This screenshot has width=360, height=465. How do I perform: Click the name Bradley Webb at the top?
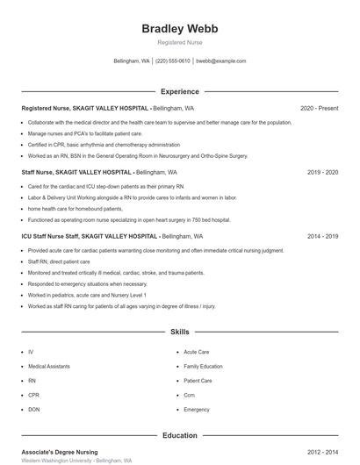point(180,29)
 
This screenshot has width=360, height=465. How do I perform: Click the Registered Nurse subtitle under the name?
point(180,43)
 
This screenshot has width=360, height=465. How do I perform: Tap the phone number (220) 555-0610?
point(173,61)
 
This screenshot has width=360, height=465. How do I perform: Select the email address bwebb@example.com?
point(220,61)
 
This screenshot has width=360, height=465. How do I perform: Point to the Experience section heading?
point(180,91)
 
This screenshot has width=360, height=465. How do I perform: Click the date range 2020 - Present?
point(319,108)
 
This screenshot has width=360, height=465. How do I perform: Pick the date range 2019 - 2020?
point(322,173)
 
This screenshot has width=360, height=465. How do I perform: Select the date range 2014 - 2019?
point(322,237)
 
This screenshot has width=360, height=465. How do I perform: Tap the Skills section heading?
point(180,333)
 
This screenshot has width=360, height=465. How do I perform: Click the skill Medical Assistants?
point(49,367)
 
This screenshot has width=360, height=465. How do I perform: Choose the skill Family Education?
point(203,367)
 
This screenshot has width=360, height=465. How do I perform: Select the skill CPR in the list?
point(32,396)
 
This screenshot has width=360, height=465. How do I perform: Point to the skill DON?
point(33,410)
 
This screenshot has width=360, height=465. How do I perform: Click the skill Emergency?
point(197,410)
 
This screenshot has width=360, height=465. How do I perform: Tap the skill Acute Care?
point(197,352)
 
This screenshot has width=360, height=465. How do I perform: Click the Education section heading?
point(180,435)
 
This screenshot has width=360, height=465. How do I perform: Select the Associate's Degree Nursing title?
point(60,452)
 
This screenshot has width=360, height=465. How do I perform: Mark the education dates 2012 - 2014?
point(322,452)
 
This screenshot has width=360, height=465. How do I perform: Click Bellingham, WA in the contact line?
point(132,61)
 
